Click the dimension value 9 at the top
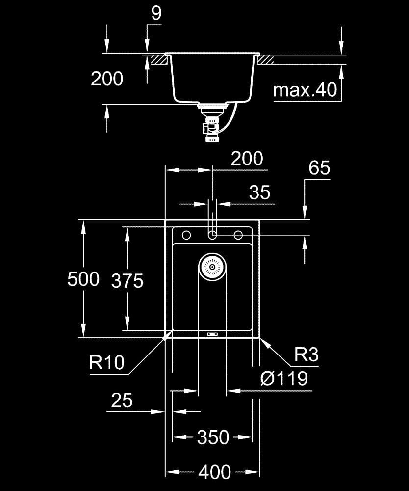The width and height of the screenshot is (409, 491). tap(156, 13)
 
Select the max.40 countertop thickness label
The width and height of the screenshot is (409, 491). tap(305, 90)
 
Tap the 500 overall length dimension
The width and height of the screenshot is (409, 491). tap(83, 279)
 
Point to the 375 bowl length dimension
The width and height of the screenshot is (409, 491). tap(128, 280)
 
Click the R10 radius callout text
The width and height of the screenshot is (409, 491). tap(107, 363)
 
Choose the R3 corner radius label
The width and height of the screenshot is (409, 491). tap(307, 355)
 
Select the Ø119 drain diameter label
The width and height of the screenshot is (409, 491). tap(284, 379)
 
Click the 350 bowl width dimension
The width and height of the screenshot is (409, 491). tap(213, 437)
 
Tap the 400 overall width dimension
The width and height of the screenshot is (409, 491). tap(215, 472)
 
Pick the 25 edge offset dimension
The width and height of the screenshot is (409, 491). tap(122, 400)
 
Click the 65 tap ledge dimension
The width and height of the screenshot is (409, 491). tap(319, 168)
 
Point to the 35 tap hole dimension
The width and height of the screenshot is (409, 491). tap(260, 192)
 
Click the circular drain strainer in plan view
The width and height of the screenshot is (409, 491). tap(212, 267)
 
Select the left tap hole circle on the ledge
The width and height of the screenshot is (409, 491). tap(186, 235)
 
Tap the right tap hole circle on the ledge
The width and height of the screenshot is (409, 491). tap(238, 235)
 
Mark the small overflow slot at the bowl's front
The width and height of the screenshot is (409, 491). tap(212, 334)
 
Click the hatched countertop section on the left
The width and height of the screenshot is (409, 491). tap(159, 60)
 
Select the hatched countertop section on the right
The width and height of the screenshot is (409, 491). tap(265, 60)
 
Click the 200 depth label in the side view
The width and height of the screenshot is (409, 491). tap(107, 79)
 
